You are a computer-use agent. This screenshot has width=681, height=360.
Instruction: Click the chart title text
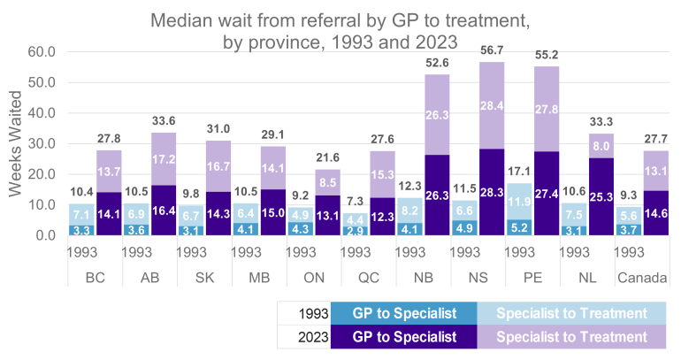coord(340,28)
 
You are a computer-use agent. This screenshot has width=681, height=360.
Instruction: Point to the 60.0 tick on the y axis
coord(40,52)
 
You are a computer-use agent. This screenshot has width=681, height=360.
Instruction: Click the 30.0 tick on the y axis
coord(40,144)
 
